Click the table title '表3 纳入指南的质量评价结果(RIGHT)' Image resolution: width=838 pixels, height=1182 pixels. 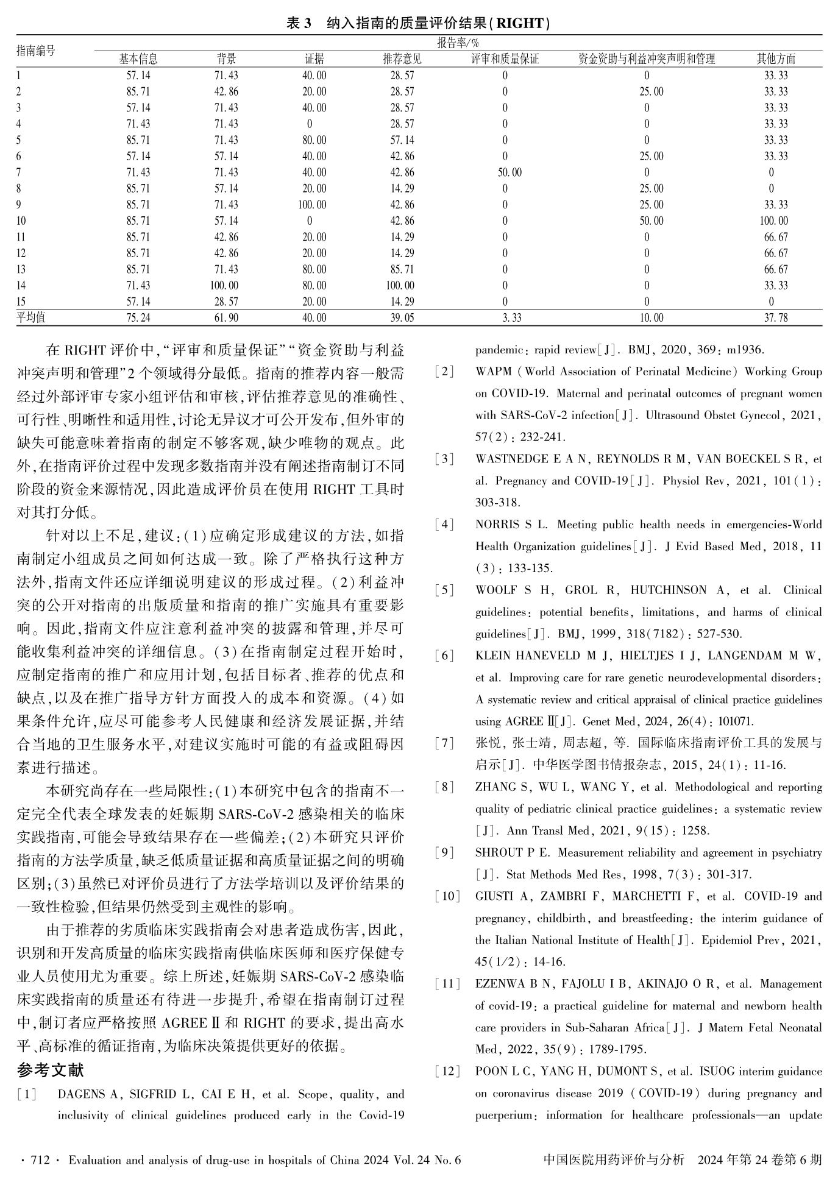pos(419,24)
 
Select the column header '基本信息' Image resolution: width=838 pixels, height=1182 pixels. pos(138,59)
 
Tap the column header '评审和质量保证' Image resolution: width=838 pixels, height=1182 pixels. pos(505,59)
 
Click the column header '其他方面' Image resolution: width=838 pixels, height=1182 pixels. pos(776,59)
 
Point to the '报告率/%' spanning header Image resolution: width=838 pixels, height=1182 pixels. pos(458,43)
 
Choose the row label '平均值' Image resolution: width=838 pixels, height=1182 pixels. pos(31,317)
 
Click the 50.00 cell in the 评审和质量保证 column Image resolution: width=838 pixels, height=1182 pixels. pos(510,172)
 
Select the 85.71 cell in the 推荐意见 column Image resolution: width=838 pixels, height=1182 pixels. pos(402,269)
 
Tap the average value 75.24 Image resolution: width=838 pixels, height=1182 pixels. pos(138,317)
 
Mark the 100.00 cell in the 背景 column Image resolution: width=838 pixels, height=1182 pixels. pos(225,285)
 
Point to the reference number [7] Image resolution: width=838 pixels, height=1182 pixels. pos(445,743)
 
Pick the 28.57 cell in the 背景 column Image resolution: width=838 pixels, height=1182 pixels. pos(226,302)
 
